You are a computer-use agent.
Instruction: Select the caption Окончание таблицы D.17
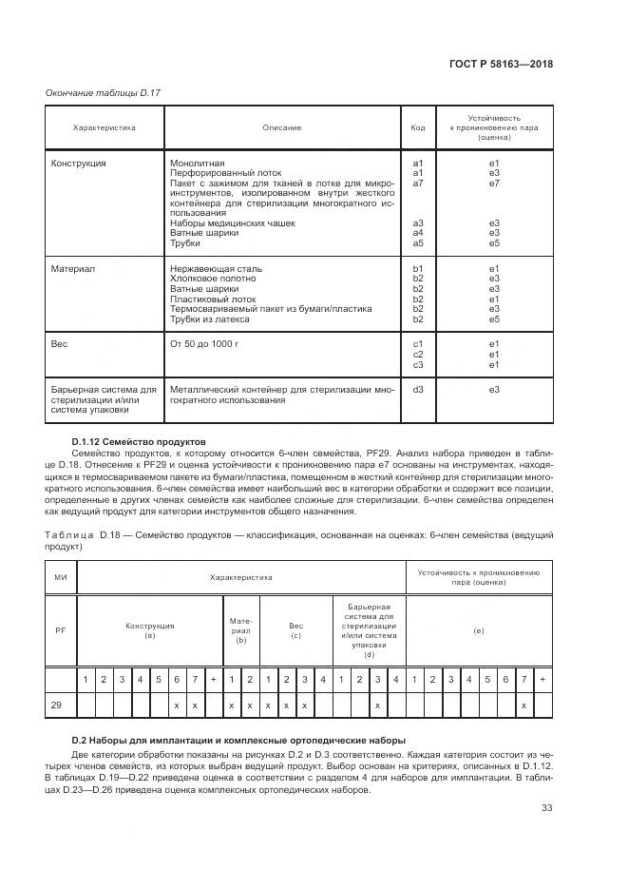pyautogui.click(x=104, y=91)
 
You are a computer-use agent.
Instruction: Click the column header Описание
pyautogui.click(x=282, y=127)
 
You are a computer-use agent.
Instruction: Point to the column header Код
pyautogui.click(x=417, y=127)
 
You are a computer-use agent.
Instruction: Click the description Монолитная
pyautogui.click(x=197, y=164)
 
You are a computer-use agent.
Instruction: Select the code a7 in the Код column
pyautogui.click(x=417, y=183)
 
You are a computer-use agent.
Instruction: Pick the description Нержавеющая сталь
pyautogui.click(x=216, y=269)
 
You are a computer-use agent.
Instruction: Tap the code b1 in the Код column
pyautogui.click(x=417, y=269)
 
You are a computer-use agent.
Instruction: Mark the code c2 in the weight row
pyautogui.click(x=417, y=355)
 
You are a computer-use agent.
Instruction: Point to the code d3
pyautogui.click(x=417, y=389)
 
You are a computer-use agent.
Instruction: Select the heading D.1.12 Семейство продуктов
pyautogui.click(x=138, y=442)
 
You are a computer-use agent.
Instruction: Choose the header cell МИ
pyautogui.click(x=61, y=576)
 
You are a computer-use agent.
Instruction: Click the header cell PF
pyautogui.click(x=61, y=628)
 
